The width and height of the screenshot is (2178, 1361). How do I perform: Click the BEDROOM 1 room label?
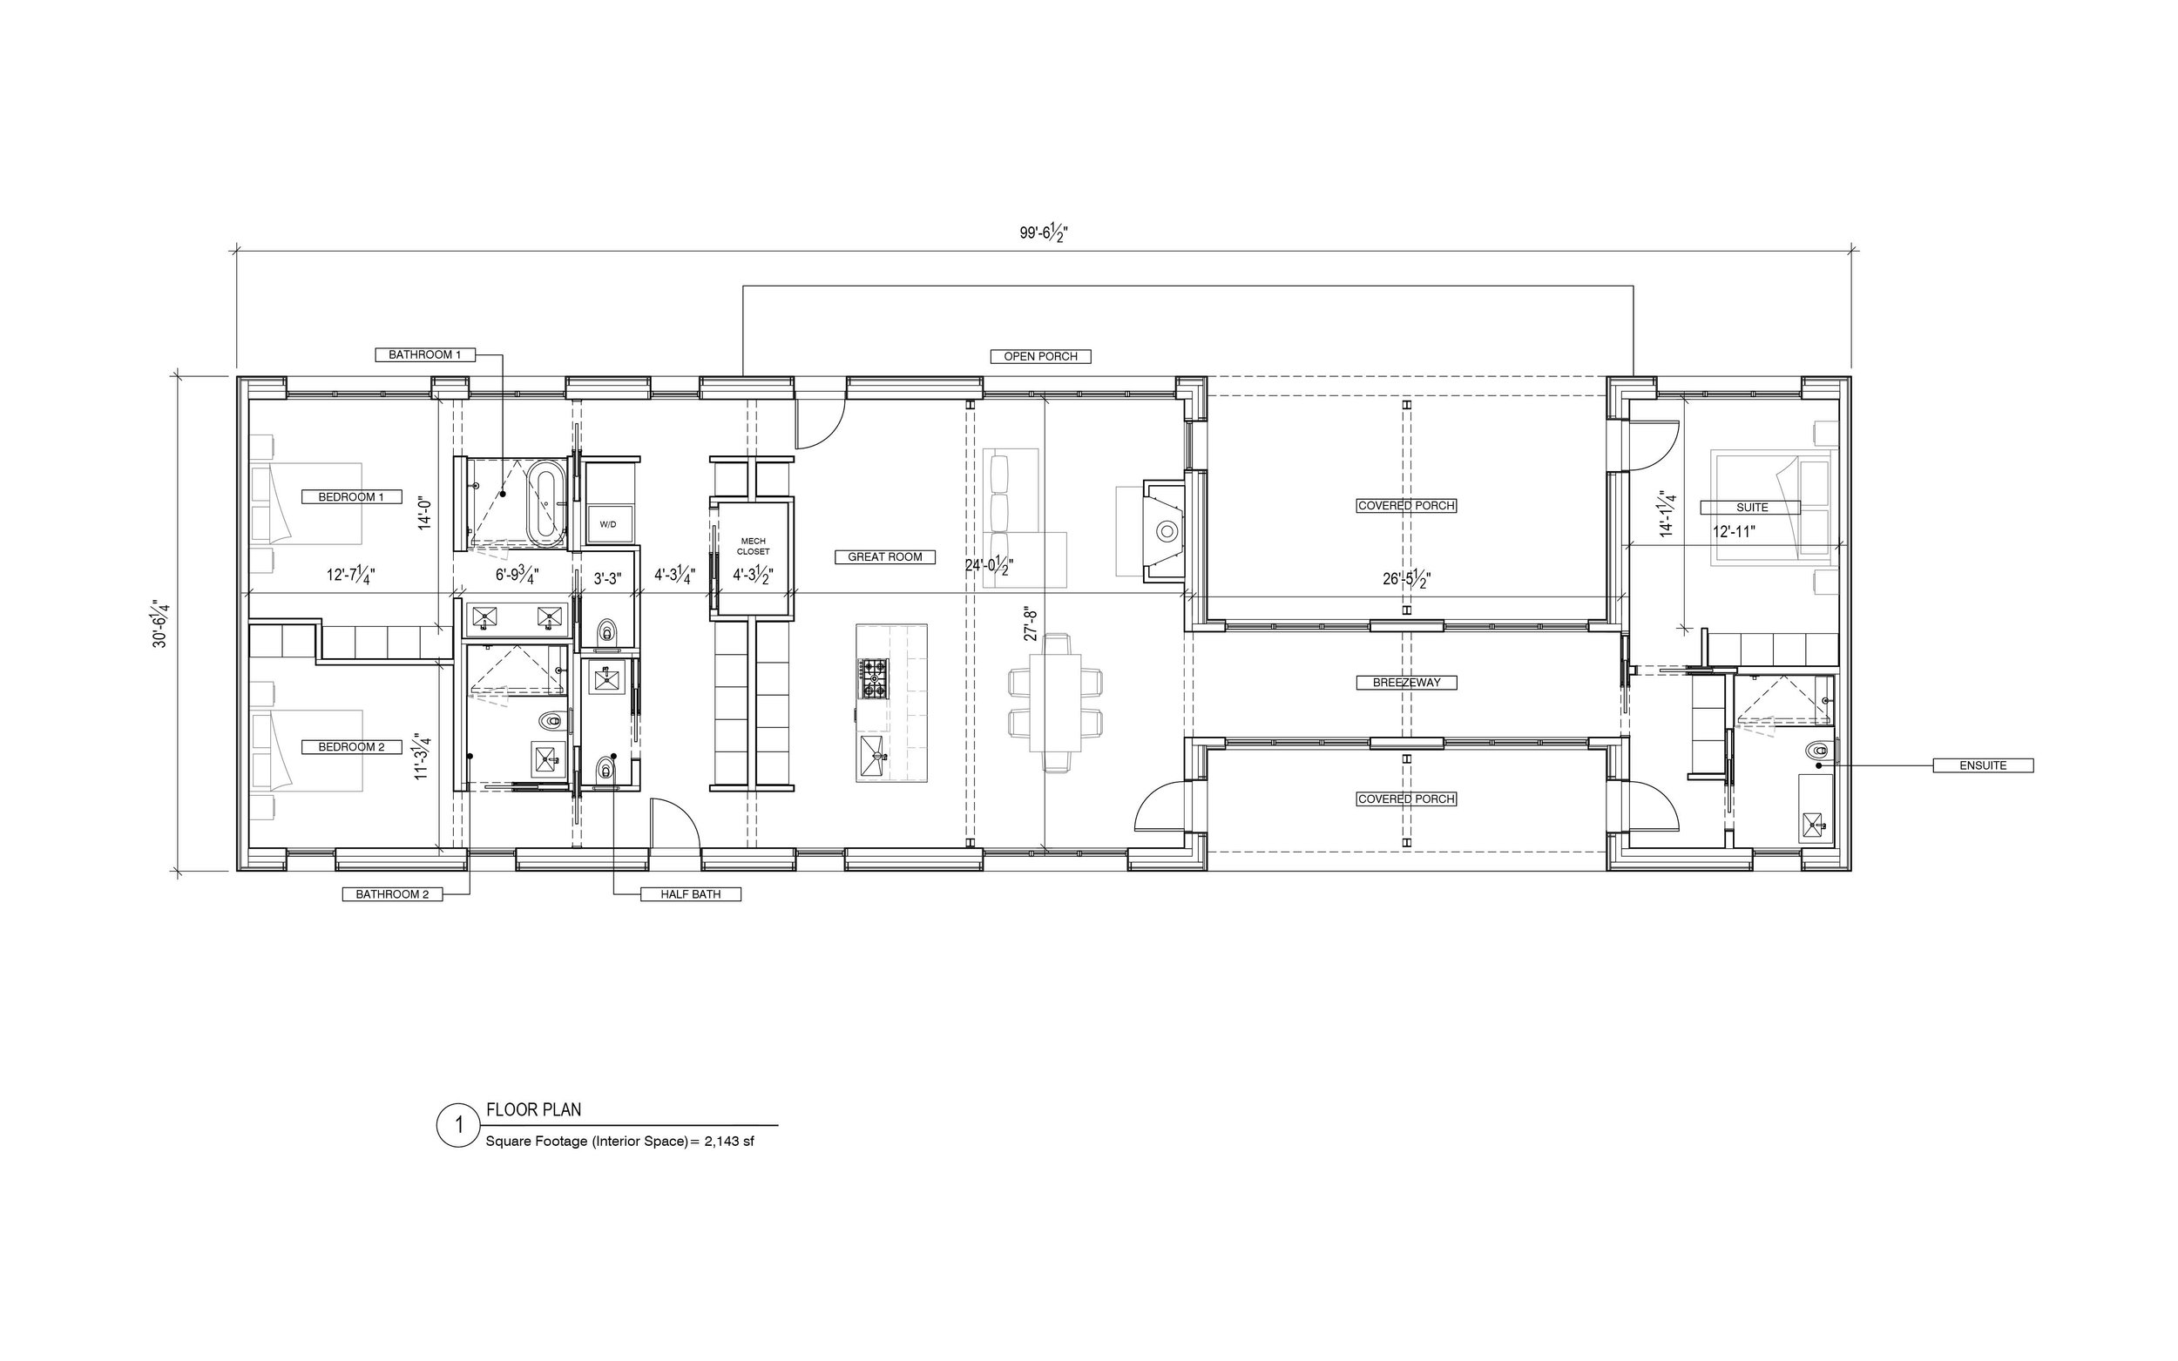pos(351,497)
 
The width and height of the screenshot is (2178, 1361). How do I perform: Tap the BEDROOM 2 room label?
pos(351,747)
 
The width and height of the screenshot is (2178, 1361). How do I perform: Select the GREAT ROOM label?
pos(885,557)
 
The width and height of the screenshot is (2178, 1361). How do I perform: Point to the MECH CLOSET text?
pos(753,545)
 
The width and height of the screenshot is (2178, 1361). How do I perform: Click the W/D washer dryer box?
pos(609,524)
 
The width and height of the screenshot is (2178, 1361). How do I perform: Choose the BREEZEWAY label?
pos(1406,684)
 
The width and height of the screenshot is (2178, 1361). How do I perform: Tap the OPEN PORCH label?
pos(1041,356)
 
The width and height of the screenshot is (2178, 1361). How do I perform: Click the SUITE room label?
pos(1752,508)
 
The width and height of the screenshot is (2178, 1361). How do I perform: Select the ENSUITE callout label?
pos(1984,766)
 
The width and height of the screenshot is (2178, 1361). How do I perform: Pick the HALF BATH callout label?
pos(691,895)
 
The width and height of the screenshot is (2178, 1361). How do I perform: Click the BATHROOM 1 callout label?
pos(425,354)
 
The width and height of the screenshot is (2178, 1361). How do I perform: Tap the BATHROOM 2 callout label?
pos(393,895)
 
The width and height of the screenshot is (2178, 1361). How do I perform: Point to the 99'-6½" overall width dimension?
pos(1045,234)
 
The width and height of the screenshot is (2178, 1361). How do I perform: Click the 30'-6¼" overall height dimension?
pos(161,623)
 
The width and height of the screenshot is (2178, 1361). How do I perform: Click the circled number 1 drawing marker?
pos(459,1124)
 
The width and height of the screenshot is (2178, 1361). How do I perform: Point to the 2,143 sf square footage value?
pos(728,1142)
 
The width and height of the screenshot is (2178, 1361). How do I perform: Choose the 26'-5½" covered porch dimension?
pos(1407,580)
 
